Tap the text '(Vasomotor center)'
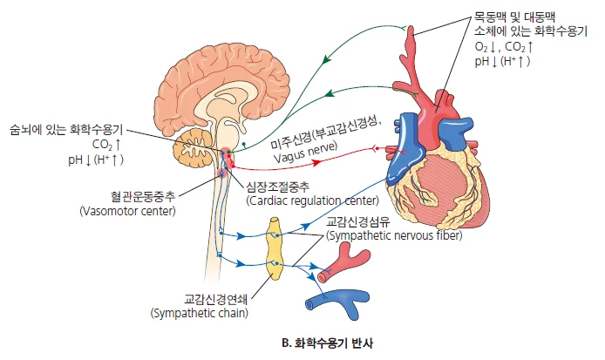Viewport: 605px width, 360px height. (127, 211)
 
